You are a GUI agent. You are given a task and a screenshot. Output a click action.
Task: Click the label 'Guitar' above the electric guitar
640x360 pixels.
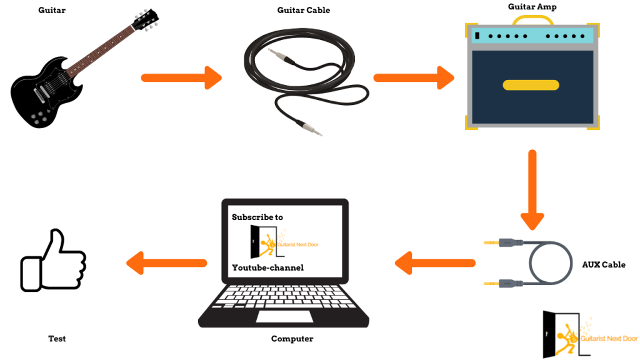click(51, 11)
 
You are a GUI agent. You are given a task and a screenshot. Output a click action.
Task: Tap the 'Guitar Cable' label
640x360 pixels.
click(304, 11)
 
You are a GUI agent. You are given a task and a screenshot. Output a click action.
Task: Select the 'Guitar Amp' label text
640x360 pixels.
click(532, 7)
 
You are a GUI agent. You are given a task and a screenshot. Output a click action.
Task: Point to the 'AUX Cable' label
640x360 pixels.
click(604, 265)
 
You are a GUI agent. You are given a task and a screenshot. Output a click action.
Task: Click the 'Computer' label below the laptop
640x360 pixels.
click(292, 339)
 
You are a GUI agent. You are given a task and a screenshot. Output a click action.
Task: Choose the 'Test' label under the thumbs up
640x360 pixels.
click(57, 339)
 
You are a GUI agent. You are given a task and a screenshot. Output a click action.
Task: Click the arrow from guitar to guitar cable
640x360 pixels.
click(181, 78)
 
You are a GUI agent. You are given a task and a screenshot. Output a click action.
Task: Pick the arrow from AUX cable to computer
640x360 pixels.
click(434, 262)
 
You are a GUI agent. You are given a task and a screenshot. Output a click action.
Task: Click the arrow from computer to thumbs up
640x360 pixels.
click(166, 262)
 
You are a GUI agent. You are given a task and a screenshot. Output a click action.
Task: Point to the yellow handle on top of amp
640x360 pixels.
click(532, 21)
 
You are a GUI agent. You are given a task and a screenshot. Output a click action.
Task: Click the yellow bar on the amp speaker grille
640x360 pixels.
click(531, 85)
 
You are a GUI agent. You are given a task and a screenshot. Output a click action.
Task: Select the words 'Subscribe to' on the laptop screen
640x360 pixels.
click(257, 217)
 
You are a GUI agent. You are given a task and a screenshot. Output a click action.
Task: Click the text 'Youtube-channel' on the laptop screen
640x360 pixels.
click(267, 267)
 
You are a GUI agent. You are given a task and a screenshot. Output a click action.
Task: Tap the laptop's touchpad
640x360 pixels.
click(284, 316)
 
